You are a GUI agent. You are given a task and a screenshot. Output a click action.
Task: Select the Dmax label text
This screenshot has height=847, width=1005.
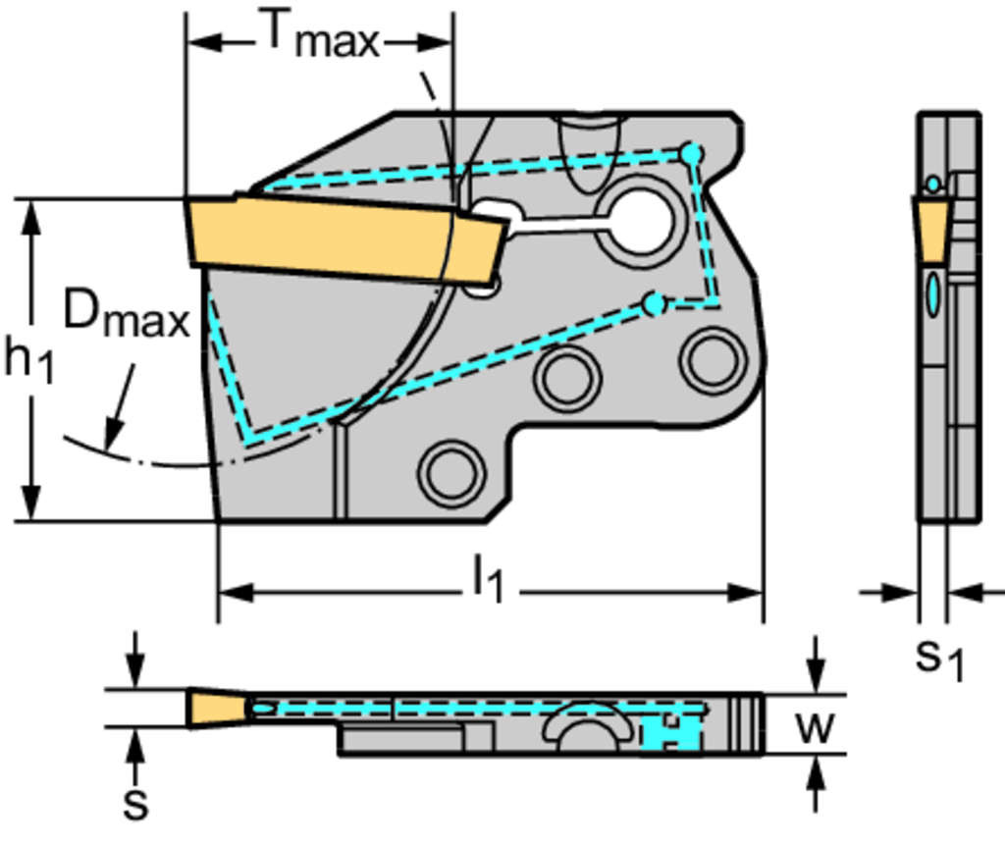(x=126, y=316)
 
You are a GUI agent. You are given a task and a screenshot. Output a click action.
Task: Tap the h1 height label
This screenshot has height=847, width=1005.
(x=28, y=359)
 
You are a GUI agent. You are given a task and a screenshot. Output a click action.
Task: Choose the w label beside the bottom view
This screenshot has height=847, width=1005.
(x=814, y=727)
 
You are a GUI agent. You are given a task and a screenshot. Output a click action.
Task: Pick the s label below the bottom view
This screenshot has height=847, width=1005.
(x=136, y=802)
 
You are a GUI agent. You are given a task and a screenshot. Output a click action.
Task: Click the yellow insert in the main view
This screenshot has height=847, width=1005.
(x=344, y=236)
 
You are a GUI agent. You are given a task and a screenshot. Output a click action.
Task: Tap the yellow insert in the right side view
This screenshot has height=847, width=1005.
(x=932, y=228)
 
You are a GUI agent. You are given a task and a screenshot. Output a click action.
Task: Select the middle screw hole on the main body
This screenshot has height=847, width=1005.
(x=567, y=379)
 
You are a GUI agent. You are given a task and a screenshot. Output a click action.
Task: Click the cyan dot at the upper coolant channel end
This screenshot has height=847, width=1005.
(x=692, y=154)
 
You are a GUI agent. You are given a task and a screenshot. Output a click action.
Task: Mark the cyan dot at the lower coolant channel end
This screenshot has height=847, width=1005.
(x=655, y=304)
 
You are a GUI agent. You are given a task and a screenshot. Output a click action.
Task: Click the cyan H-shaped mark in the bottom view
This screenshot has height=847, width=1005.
(x=670, y=732)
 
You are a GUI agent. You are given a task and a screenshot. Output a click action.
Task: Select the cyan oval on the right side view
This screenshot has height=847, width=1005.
(x=932, y=293)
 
